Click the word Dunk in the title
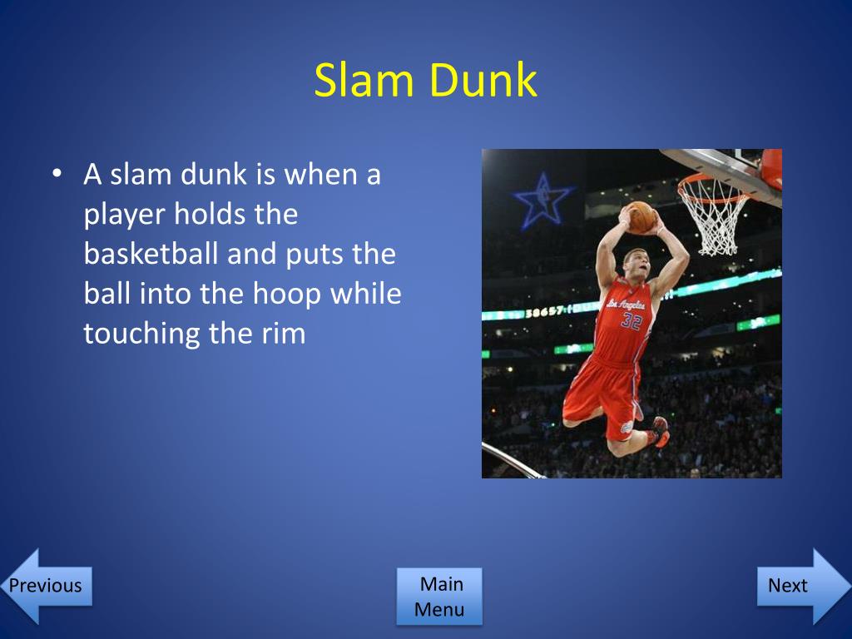[483, 82]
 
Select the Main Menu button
[439, 597]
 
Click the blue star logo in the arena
[542, 201]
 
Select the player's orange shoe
[660, 433]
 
